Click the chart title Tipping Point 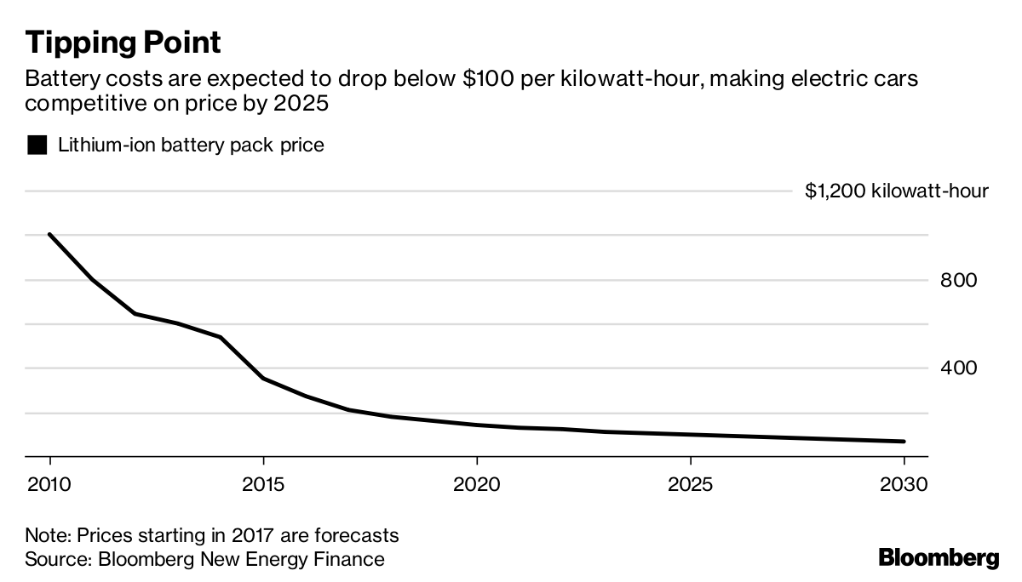[x=123, y=42]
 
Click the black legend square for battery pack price [x=37, y=145]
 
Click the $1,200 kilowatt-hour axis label [x=897, y=191]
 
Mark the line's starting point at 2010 [x=50, y=235]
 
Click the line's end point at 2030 [x=903, y=441]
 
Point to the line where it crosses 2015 [x=264, y=378]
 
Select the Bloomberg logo [x=939, y=558]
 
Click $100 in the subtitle [x=486, y=81]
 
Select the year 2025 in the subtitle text [x=302, y=104]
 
